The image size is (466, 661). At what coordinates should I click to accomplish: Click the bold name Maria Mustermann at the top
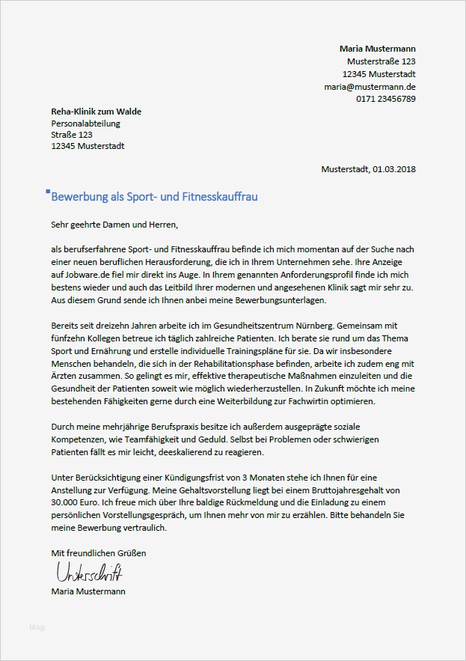(x=377, y=49)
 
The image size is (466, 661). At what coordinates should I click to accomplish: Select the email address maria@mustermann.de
(x=370, y=87)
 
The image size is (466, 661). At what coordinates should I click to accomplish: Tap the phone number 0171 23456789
(x=386, y=99)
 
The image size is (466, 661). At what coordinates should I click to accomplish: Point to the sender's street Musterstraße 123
(x=381, y=61)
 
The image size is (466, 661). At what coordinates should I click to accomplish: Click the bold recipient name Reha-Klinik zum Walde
(x=96, y=112)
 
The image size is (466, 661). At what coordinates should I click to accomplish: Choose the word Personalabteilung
(x=85, y=124)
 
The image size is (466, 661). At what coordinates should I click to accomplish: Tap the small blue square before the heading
(x=49, y=192)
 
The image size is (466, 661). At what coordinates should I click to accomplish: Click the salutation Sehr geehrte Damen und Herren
(x=115, y=223)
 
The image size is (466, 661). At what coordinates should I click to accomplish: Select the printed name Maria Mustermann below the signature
(x=88, y=591)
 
